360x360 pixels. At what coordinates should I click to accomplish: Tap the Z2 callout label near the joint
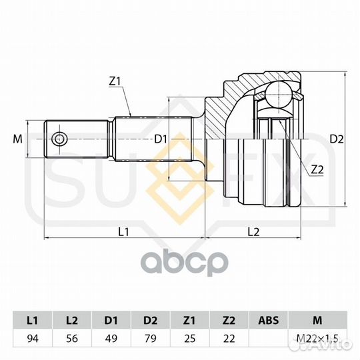pos(317,170)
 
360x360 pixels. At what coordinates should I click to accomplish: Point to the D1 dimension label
pos(160,139)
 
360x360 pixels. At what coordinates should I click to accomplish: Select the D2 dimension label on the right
pos(337,139)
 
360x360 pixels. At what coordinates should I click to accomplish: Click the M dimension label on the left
pos(18,139)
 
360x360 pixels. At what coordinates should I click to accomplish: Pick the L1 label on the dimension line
pos(123,232)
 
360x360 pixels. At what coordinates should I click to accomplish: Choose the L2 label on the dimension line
pos(253,232)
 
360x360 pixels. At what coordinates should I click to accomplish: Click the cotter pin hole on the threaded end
pos(59,139)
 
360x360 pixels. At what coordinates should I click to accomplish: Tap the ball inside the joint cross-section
pos(279,94)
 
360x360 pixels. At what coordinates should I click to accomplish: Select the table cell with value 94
pos(33,339)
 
